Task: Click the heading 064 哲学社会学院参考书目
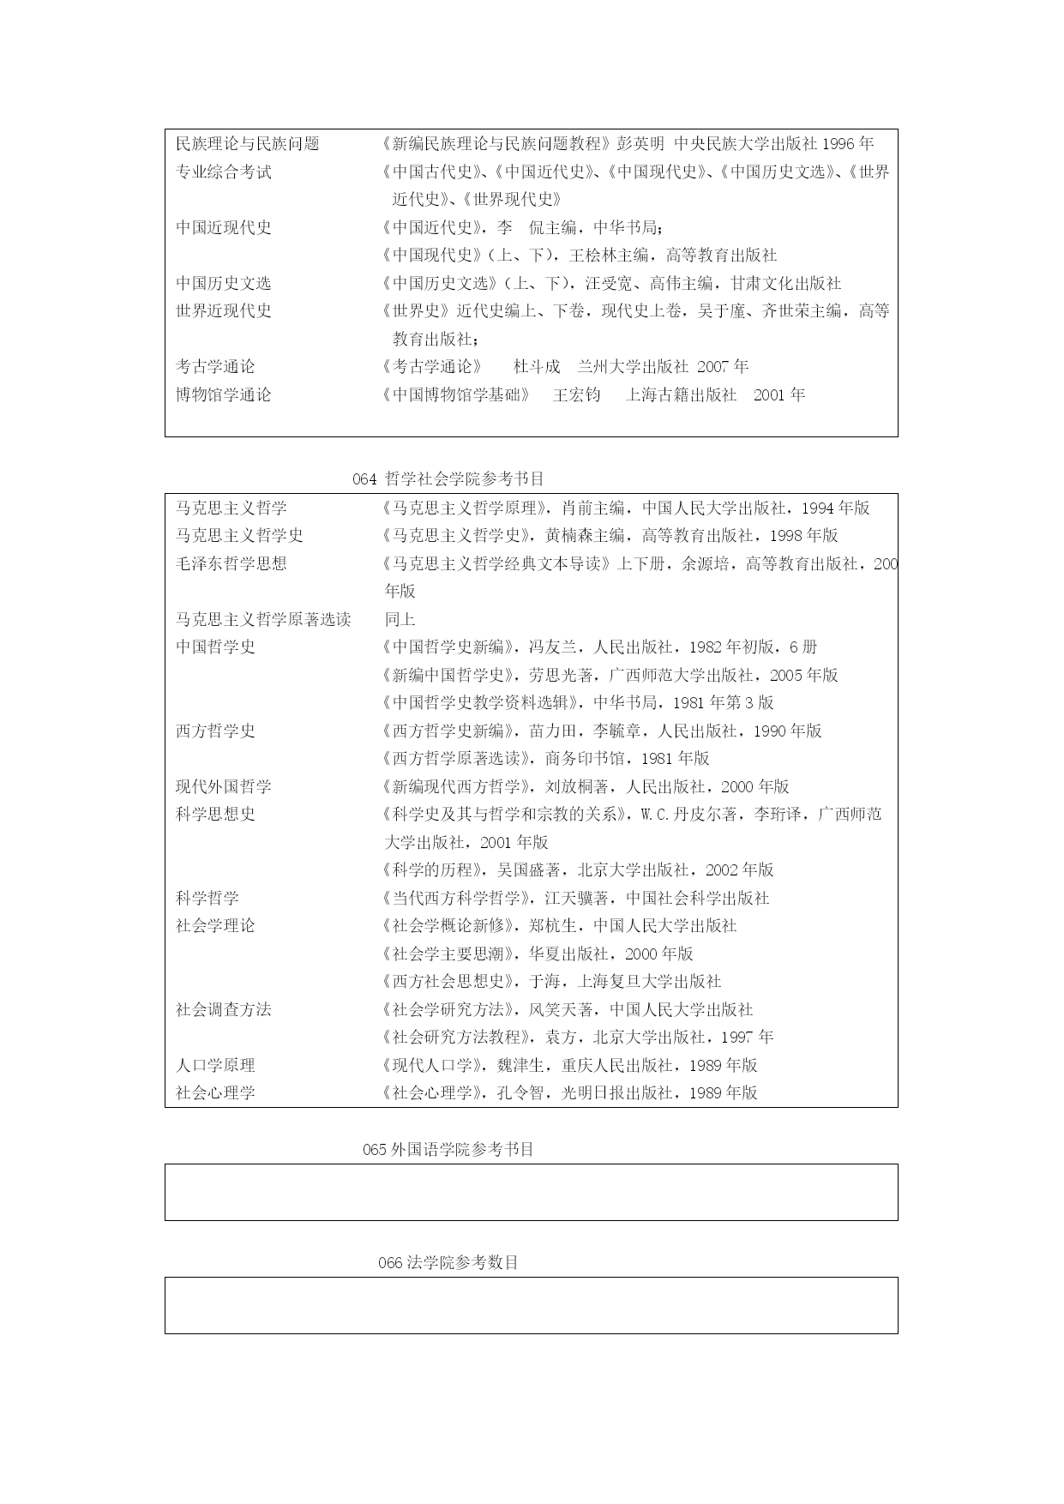point(448,479)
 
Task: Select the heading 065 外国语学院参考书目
point(448,1150)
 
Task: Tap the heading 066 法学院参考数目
point(448,1263)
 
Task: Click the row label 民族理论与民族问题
point(248,144)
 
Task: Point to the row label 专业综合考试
point(224,172)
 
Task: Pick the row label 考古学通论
point(215,367)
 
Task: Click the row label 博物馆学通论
point(224,395)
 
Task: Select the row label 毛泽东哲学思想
point(231,563)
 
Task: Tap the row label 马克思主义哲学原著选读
point(263,619)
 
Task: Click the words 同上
point(400,619)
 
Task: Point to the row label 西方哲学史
point(215,731)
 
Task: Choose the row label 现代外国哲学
point(224,786)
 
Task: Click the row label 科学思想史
point(215,814)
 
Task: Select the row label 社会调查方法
point(224,1009)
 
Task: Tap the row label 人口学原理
point(215,1065)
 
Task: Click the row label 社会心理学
point(215,1092)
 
